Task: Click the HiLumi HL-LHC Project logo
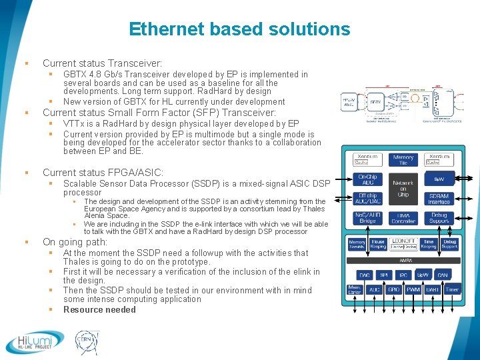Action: tap(35, 343)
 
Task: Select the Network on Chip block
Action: tap(403, 187)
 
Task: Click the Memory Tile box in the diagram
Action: tap(403, 159)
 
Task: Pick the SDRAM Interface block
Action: tap(440, 199)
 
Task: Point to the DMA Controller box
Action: tap(403, 217)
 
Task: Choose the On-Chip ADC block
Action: tap(366, 180)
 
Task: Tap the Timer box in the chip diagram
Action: tap(452, 290)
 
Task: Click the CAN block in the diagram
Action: tap(442, 275)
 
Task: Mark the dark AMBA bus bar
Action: tap(405, 261)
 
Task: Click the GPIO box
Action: tap(393, 290)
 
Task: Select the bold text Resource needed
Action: tap(99, 309)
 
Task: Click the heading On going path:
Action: tap(75, 242)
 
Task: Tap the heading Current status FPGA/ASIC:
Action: tap(103, 173)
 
